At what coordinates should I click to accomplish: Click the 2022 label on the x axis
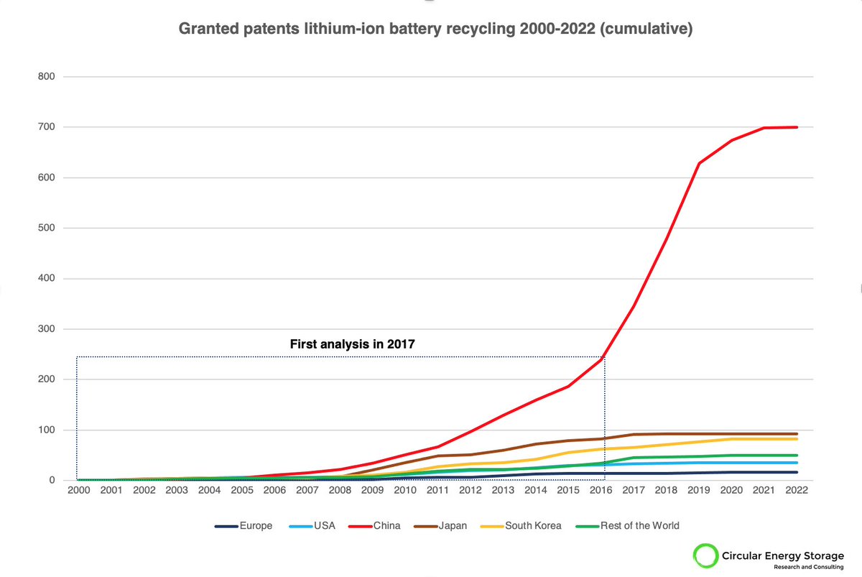(797, 491)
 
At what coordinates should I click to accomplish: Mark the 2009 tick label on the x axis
(373, 491)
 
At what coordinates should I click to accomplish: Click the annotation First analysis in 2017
(352, 344)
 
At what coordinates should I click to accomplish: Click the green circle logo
(705, 556)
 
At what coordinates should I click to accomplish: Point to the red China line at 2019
(699, 164)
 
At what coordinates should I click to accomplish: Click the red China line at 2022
(797, 127)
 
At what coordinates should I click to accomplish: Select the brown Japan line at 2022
(797, 434)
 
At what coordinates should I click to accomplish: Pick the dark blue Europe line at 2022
(797, 472)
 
